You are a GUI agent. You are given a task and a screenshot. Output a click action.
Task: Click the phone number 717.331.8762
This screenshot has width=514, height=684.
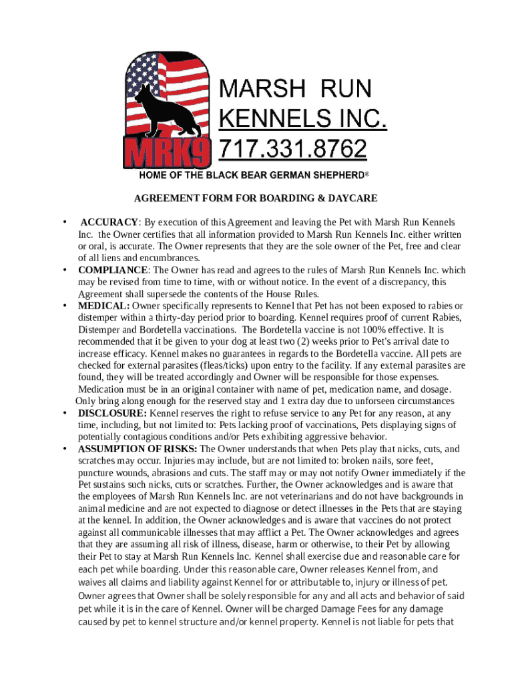pyautogui.click(x=294, y=148)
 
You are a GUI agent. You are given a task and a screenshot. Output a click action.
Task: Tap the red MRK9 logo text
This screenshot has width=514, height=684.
pyautogui.click(x=167, y=153)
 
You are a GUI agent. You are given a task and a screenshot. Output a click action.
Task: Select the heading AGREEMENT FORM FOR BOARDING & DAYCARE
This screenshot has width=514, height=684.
pyautogui.click(x=256, y=198)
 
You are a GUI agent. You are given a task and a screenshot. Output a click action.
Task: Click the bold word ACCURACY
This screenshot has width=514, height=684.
pyautogui.click(x=109, y=222)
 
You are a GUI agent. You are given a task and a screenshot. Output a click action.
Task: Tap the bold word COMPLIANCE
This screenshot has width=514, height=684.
pyautogui.click(x=113, y=270)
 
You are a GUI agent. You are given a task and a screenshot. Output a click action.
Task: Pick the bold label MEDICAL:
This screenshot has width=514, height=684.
pyautogui.click(x=104, y=306)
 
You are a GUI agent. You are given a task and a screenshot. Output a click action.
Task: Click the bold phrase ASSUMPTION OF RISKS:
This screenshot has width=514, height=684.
pyautogui.click(x=138, y=449)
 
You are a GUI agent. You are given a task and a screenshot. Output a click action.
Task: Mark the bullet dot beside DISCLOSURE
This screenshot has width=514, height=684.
pyautogui.click(x=65, y=413)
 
